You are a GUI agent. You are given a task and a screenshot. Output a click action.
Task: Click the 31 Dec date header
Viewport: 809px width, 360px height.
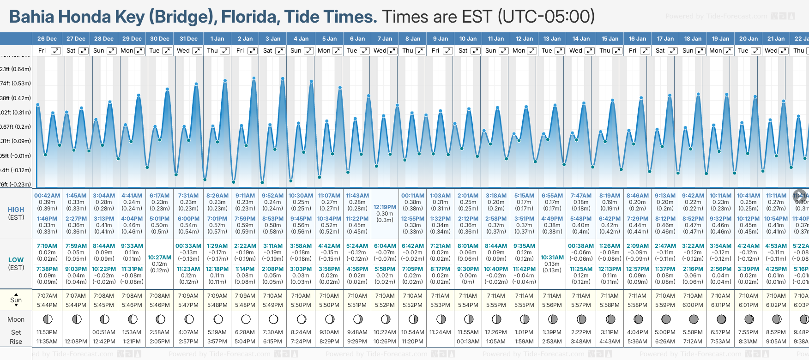click(x=188, y=39)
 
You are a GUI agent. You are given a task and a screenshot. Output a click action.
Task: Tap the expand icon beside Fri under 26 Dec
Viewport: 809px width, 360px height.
click(x=55, y=51)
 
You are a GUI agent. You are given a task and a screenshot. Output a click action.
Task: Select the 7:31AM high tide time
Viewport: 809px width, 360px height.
click(x=188, y=196)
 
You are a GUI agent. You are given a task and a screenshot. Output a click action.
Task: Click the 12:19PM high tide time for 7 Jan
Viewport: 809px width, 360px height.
click(x=385, y=207)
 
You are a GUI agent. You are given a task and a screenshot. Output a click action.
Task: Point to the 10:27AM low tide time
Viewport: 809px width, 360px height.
click(x=160, y=258)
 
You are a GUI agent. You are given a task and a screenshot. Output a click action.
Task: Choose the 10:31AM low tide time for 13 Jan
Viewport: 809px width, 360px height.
click(x=552, y=258)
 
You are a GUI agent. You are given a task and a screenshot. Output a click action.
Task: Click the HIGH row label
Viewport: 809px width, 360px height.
click(x=16, y=210)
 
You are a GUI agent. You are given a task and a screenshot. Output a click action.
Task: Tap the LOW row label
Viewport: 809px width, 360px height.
click(x=16, y=260)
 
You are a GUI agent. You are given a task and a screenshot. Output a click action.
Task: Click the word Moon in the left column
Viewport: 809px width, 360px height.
click(x=16, y=319)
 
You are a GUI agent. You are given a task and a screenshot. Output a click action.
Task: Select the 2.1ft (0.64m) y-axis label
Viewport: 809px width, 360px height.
click(x=16, y=69)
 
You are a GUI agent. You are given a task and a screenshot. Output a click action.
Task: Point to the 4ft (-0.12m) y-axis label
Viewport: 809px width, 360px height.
click(x=16, y=170)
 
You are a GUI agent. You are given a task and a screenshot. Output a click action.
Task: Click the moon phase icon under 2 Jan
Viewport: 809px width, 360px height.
click(x=246, y=319)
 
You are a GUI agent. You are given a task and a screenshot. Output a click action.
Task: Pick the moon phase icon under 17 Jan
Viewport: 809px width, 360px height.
click(x=666, y=319)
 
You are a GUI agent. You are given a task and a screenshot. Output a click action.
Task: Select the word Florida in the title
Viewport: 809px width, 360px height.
click(x=249, y=17)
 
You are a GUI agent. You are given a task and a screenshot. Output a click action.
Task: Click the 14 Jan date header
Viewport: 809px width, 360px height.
click(x=581, y=39)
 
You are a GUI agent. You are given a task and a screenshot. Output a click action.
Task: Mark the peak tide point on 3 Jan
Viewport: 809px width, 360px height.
click(x=283, y=78)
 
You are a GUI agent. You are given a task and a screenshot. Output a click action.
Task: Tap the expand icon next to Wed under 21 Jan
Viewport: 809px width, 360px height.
click(x=784, y=51)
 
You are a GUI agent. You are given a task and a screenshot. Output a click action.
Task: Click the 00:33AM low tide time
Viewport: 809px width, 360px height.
click(x=188, y=246)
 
